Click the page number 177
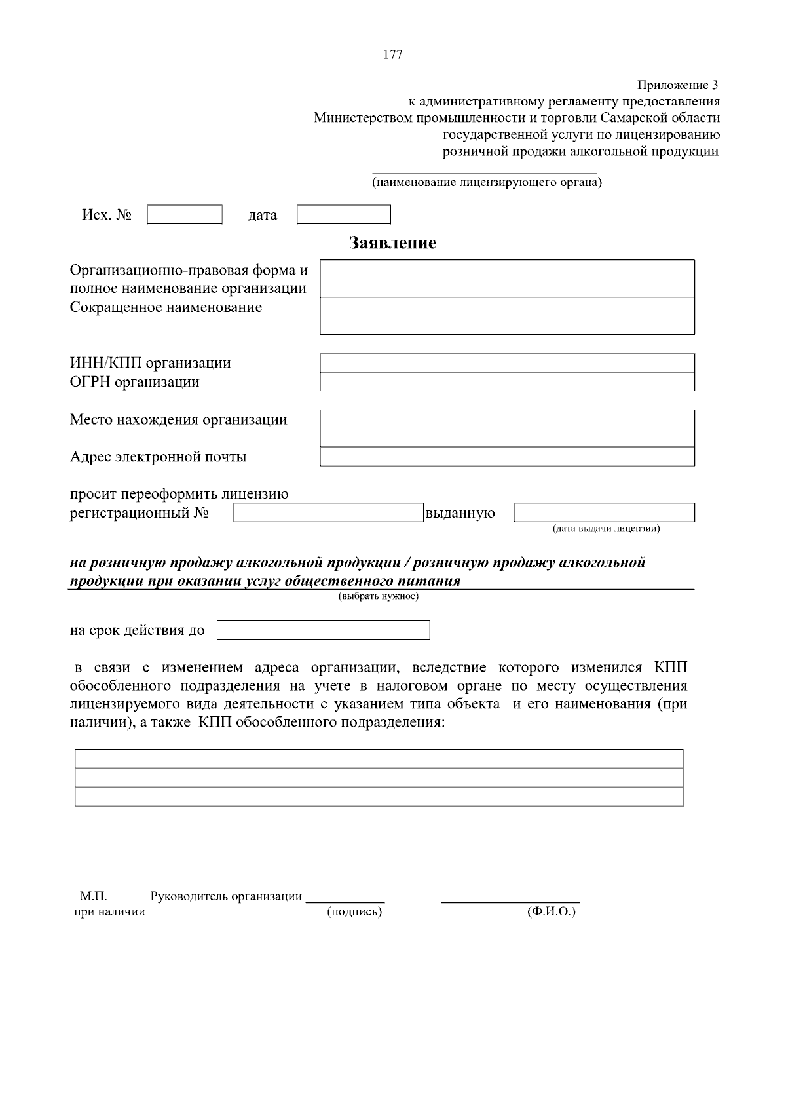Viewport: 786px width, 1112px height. tap(392, 55)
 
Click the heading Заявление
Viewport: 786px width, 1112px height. tap(392, 243)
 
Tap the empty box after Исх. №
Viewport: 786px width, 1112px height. tap(185, 215)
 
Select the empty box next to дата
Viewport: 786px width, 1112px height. tap(344, 215)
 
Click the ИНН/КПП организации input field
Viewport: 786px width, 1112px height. tap(507, 363)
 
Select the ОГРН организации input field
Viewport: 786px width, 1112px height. tap(507, 381)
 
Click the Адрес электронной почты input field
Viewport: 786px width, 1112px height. tap(507, 457)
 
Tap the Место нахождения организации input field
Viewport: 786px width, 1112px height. tap(507, 428)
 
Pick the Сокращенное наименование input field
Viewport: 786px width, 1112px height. tap(507, 316)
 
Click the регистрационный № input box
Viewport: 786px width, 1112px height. tap(329, 513)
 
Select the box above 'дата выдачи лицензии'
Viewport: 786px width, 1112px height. tap(604, 512)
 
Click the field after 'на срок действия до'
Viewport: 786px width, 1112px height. tap(324, 630)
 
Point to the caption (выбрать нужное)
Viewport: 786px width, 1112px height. tap(379, 596)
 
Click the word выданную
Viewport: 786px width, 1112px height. tap(460, 513)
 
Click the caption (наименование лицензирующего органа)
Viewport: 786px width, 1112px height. tap(487, 182)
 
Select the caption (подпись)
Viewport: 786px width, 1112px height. tap(354, 911)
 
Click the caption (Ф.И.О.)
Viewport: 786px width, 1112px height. tap(551, 911)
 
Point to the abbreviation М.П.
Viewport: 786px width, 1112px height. tap(93, 896)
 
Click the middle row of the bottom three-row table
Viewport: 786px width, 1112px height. tap(379, 778)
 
